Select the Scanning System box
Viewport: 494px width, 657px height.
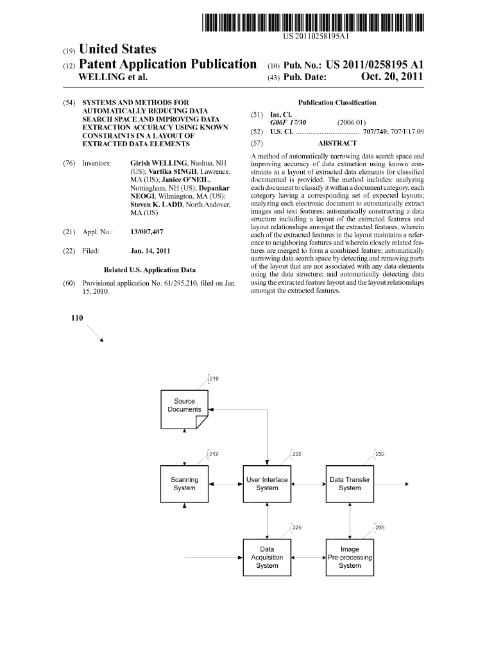coord(185,484)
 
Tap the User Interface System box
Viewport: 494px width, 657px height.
coord(267,484)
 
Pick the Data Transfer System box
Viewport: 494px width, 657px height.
coord(350,484)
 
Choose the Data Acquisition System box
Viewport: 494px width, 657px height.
coord(267,558)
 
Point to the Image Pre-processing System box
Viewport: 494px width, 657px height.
coord(350,558)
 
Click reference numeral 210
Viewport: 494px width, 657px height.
coord(214,379)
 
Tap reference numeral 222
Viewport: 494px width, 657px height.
coord(297,454)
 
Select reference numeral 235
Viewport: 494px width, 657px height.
coord(380,528)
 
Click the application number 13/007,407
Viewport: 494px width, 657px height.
coord(146,232)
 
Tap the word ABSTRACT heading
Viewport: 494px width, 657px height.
coord(337,144)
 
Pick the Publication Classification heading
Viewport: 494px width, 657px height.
coord(337,103)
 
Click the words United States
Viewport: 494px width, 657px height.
coord(117,49)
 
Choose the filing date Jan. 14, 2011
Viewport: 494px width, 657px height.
coord(150,251)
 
